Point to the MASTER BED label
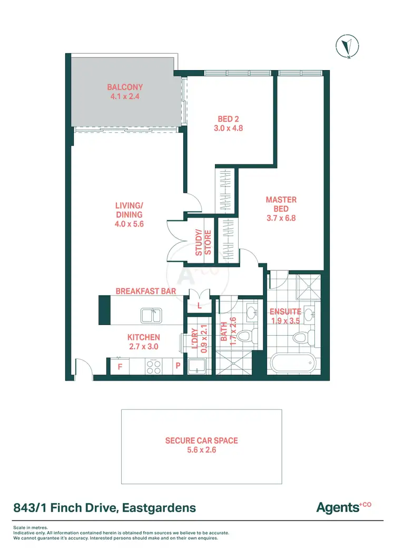pyautogui.click(x=281, y=204)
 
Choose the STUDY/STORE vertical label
pyautogui.click(x=203, y=243)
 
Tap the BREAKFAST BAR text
pyautogui.click(x=145, y=291)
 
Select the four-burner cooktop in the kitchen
pyautogui.click(x=153, y=367)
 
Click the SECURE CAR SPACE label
pyautogui.click(x=201, y=440)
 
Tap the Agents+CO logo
pyautogui.click(x=343, y=507)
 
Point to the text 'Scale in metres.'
pyautogui.click(x=31, y=527)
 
